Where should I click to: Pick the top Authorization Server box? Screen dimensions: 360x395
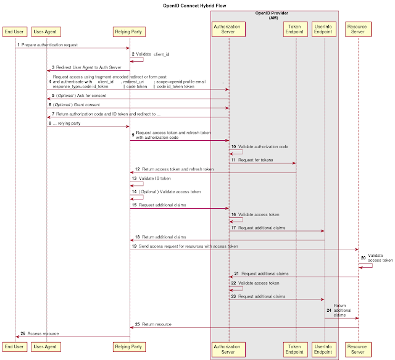(229, 30)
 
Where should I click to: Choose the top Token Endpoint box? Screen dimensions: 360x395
(296, 30)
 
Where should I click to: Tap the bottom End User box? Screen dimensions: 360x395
(14, 347)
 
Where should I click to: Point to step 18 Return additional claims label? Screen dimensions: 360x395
(164, 237)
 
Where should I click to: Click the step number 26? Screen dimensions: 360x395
(22, 333)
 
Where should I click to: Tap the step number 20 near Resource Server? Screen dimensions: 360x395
(362, 257)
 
